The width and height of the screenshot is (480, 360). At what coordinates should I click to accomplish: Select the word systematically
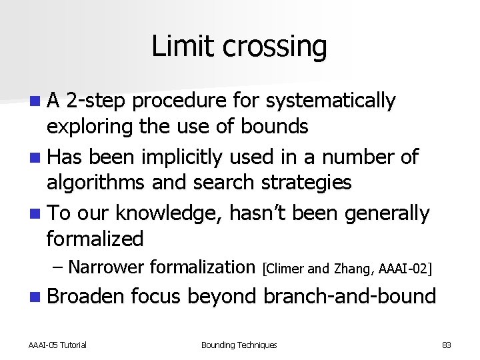(x=331, y=101)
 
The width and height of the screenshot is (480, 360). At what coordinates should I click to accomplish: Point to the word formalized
(x=95, y=238)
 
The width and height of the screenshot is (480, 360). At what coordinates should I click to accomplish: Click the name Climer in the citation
(x=285, y=269)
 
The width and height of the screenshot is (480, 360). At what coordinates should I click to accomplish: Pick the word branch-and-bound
(x=350, y=296)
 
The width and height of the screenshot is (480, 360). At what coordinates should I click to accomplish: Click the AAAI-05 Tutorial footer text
(x=57, y=345)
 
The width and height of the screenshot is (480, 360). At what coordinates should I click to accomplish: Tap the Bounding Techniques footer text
(x=239, y=345)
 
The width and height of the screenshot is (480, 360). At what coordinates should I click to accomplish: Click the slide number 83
(x=446, y=345)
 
